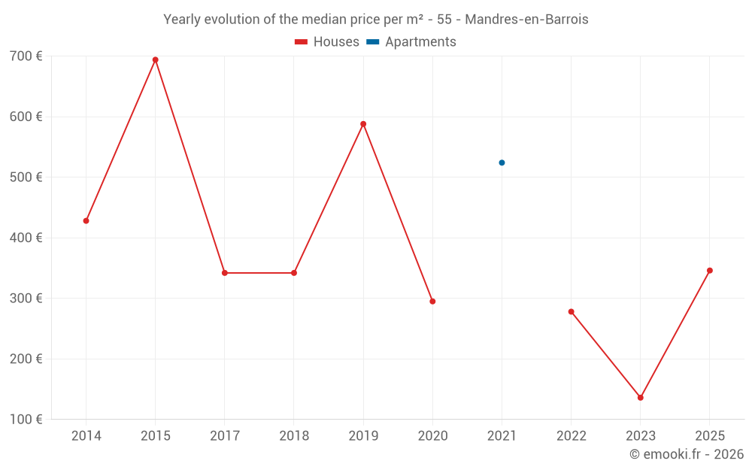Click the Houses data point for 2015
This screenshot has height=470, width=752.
[156, 60]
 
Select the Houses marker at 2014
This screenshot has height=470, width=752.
[86, 221]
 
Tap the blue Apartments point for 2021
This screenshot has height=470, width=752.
[502, 162]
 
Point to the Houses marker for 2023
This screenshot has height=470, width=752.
[641, 398]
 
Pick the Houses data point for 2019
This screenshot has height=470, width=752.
[363, 124]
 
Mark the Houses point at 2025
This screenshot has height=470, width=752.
[710, 271]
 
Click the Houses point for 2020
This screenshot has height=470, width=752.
[432, 302]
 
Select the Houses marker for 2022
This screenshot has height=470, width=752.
[572, 311]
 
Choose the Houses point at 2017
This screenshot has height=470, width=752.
[225, 273]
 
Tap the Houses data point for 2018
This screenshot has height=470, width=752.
[294, 273]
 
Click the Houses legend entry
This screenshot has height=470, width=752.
[327, 42]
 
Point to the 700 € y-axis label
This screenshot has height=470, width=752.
[26, 56]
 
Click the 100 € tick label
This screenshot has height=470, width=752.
[26, 420]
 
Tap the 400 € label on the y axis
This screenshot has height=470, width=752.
[26, 238]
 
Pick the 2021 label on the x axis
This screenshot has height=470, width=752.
[502, 436]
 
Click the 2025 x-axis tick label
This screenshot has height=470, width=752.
[710, 436]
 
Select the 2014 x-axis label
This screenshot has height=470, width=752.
[86, 436]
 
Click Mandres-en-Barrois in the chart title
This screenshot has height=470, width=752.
[526, 19]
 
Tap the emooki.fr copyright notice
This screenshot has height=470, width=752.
[687, 454]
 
